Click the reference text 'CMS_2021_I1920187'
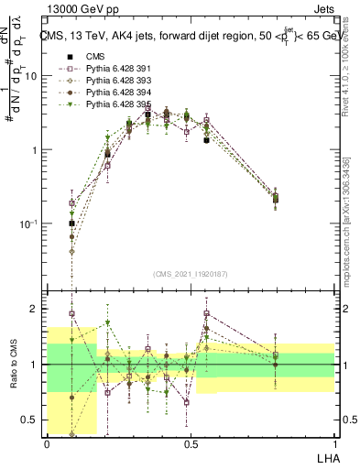(191, 273)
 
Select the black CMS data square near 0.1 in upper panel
(71, 223)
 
